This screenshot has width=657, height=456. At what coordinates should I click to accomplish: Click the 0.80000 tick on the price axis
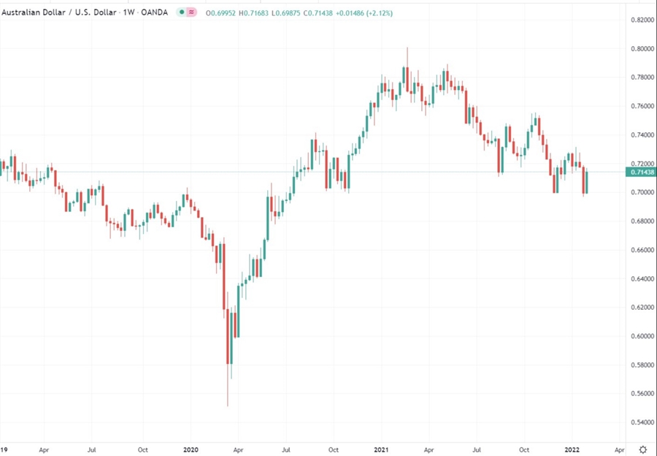[640, 49]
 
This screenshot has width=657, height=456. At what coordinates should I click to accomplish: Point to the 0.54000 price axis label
[640, 422]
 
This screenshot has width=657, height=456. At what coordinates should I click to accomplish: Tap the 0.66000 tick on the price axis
[640, 250]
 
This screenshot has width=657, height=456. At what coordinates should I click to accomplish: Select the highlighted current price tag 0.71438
[640, 172]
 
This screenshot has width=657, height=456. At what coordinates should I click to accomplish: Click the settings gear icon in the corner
[642, 449]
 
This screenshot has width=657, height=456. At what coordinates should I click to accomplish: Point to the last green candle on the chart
[586, 182]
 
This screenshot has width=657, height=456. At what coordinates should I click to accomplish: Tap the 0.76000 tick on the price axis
[640, 106]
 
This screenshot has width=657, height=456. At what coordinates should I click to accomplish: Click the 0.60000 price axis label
[640, 336]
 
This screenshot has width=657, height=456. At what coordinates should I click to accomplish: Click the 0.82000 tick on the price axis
[640, 20]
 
